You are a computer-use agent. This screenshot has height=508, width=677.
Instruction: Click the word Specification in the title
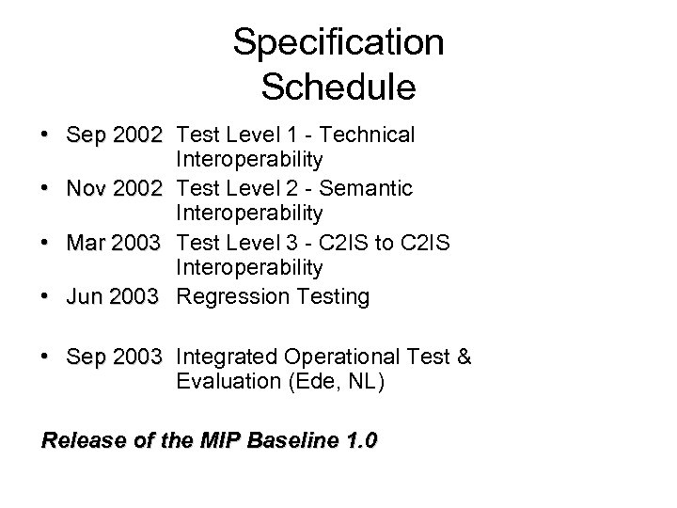tap(338, 43)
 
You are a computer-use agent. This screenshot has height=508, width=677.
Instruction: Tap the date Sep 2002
tap(114, 135)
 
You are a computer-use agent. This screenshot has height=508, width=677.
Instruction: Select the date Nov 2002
tap(114, 189)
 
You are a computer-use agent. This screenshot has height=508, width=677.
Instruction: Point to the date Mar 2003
tap(114, 244)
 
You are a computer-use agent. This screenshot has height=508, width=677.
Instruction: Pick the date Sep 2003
tap(114, 357)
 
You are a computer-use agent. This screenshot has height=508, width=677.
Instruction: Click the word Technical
tap(366, 135)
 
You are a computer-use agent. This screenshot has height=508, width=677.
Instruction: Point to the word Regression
tap(229, 297)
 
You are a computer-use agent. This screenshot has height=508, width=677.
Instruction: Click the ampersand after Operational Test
tap(462, 357)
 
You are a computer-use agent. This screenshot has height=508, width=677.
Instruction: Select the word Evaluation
tap(227, 383)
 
